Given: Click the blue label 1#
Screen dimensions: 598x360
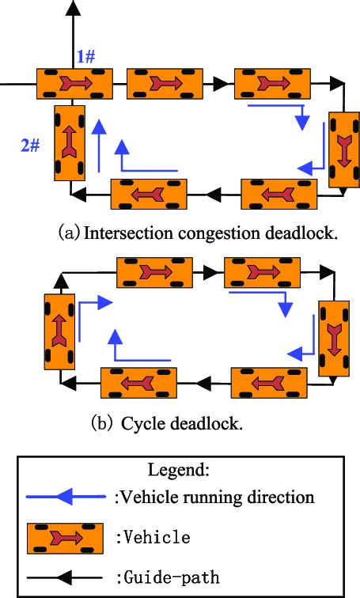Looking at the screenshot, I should click(86, 56).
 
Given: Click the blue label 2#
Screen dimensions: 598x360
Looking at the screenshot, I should click(31, 145).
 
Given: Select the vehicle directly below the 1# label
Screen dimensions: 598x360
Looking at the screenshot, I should click(74, 82).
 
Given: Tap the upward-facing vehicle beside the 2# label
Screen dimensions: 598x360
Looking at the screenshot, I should click(70, 143).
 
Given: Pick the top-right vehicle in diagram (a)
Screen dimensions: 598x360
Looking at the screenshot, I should click(272, 82).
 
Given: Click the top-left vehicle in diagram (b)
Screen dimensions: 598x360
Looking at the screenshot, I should click(155, 271).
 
